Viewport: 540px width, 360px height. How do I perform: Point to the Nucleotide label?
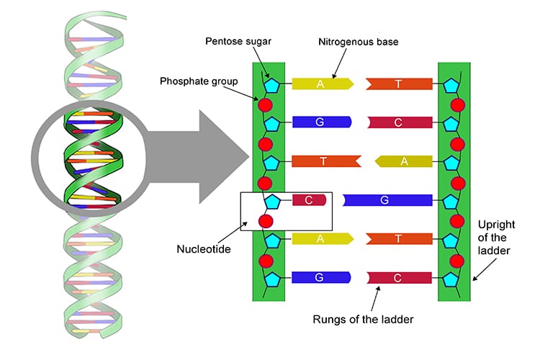(204, 250)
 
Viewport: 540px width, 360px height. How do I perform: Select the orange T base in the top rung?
(398, 84)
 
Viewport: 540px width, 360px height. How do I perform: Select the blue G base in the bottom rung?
(320, 277)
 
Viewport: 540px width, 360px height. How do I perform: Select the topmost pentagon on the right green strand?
(451, 85)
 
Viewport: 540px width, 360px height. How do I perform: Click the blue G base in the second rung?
(320, 122)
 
